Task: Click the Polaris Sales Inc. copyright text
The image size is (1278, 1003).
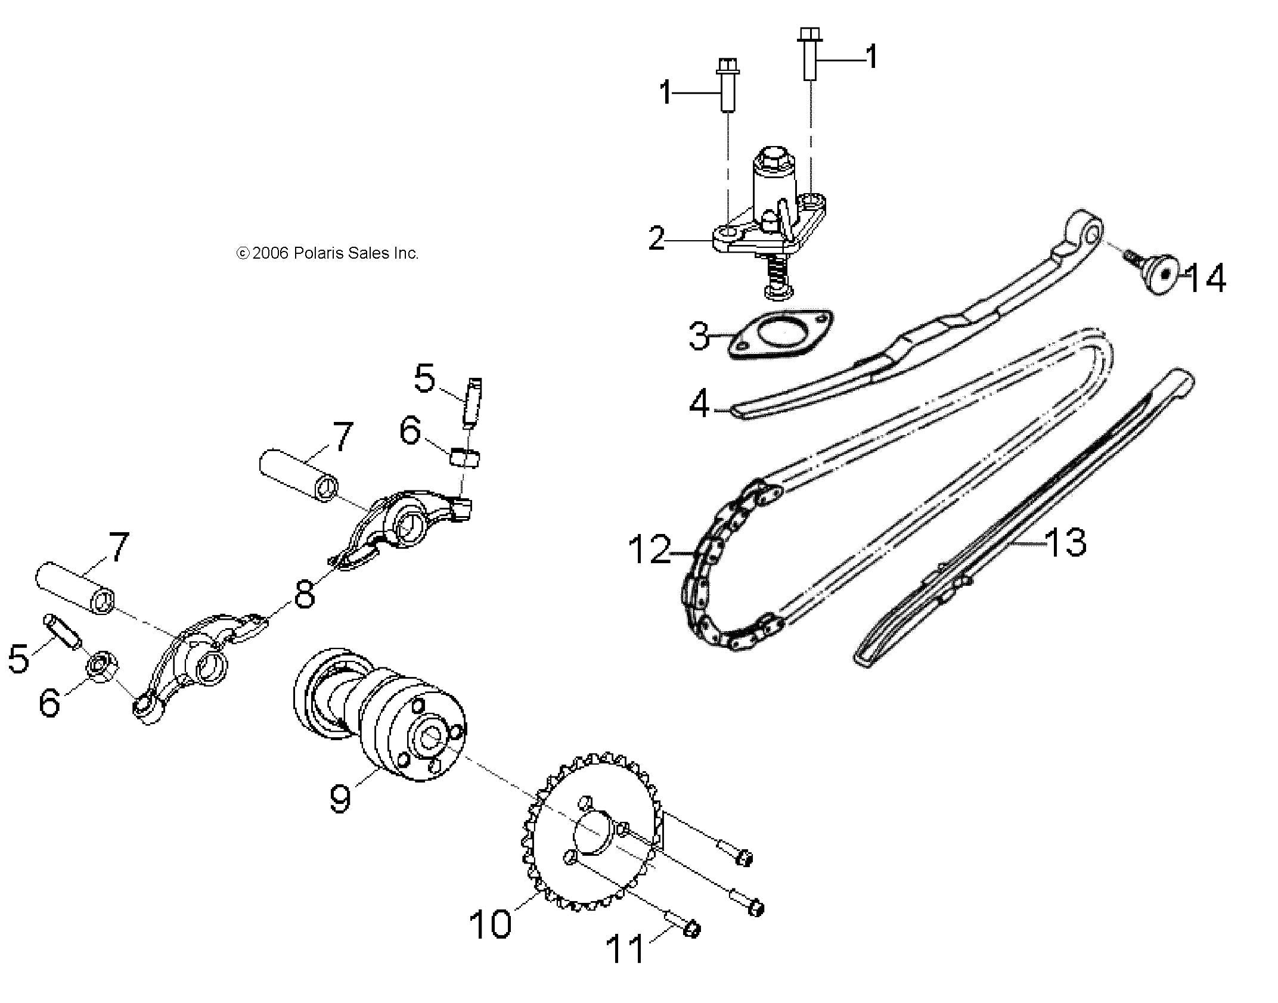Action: point(328,253)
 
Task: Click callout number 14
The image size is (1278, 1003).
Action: point(1205,279)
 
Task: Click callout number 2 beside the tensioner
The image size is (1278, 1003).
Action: point(656,239)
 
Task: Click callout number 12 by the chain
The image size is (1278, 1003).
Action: point(650,549)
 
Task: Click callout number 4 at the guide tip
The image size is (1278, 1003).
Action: point(699,403)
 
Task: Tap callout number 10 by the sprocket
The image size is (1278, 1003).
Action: point(490,924)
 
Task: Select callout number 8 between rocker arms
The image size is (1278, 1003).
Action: point(304,594)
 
